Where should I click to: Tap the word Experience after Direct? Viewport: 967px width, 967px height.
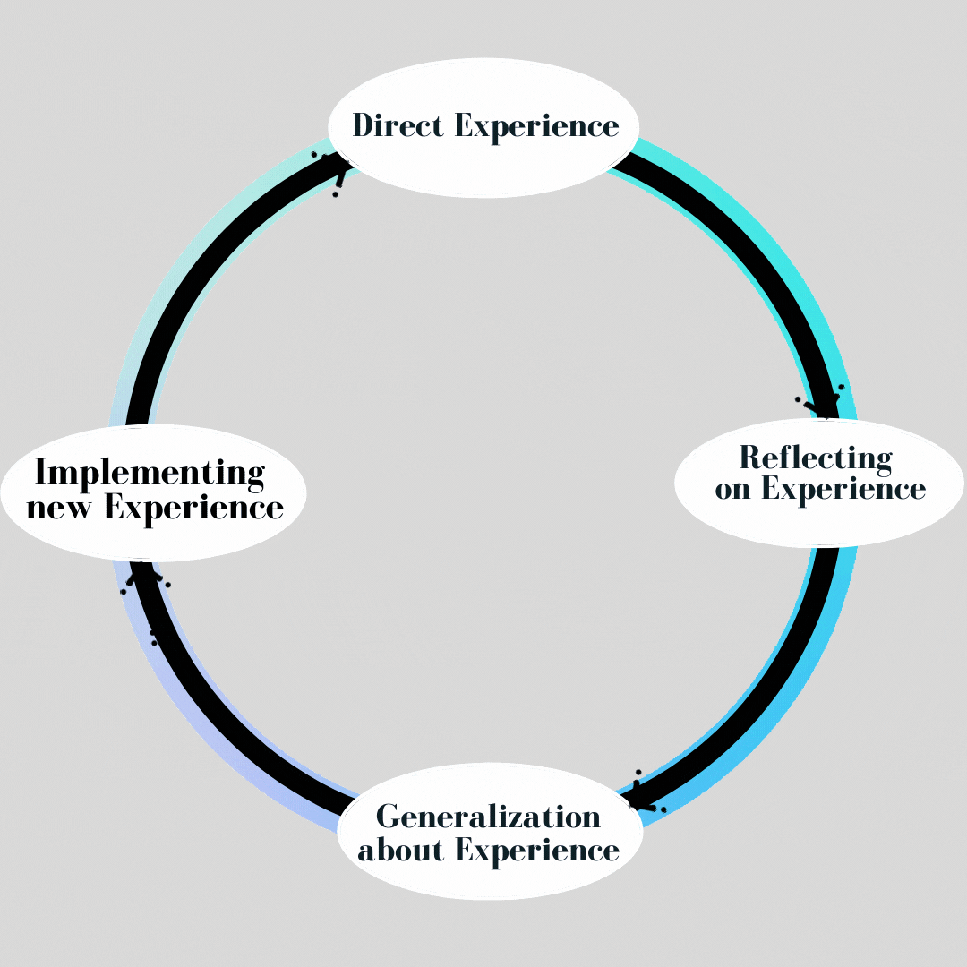tap(536, 126)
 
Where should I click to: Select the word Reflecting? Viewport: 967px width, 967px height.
tap(816, 458)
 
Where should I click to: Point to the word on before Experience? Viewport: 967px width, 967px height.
tap(732, 490)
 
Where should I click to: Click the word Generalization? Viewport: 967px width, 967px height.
tap(488, 817)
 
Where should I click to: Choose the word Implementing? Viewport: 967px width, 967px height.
tap(150, 472)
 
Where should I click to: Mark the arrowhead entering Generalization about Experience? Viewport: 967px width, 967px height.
tap(641, 795)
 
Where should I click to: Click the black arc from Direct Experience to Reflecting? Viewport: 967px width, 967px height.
tap(752, 251)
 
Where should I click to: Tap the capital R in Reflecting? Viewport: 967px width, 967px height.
tap(750, 458)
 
